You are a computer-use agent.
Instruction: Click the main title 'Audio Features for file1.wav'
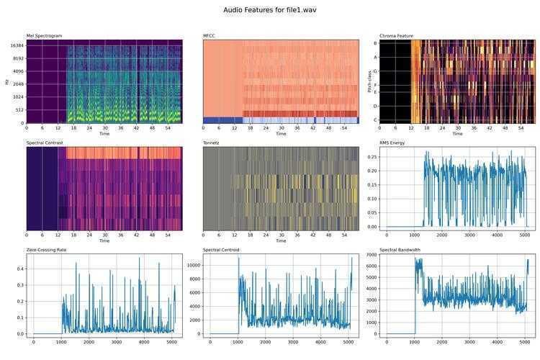coord(269,11)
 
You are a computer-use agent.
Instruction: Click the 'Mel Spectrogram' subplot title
coord(44,36)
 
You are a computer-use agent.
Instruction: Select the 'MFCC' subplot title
coord(210,36)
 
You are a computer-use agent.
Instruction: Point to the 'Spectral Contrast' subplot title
coord(45,143)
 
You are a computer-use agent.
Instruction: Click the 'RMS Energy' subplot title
coord(394,143)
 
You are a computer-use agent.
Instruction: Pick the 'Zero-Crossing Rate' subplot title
coord(48,250)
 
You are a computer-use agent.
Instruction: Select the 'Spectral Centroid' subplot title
coord(221,250)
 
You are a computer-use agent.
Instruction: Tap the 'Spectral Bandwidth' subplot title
coord(399,250)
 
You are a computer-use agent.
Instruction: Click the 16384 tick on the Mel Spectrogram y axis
coord(17,45)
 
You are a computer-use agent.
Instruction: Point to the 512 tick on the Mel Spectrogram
coord(19,110)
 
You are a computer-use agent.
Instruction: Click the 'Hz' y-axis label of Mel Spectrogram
coord(6,81)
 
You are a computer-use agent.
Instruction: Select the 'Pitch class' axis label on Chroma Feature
coord(370,81)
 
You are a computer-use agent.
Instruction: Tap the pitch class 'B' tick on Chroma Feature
coord(375,43)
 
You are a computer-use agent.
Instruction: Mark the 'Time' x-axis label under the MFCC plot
coord(281,134)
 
